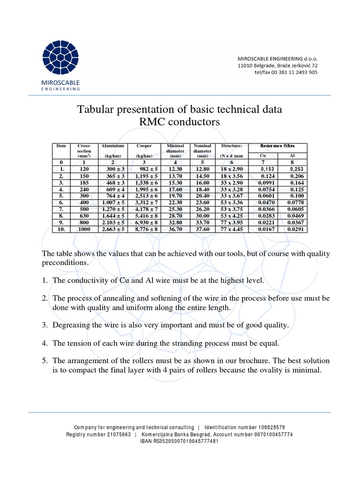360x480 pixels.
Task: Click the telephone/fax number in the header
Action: tap(285, 73)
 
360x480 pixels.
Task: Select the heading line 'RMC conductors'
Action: tap(180, 123)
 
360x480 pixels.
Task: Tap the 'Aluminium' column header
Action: tap(112, 146)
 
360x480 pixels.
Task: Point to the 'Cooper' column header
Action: tap(144, 146)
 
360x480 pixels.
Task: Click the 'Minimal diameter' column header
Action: tap(175, 149)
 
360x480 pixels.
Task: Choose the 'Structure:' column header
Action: tap(231, 146)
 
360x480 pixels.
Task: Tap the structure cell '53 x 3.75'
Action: tap(231, 209)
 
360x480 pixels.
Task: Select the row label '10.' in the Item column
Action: tap(61, 229)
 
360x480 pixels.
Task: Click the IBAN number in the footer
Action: tap(180, 441)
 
